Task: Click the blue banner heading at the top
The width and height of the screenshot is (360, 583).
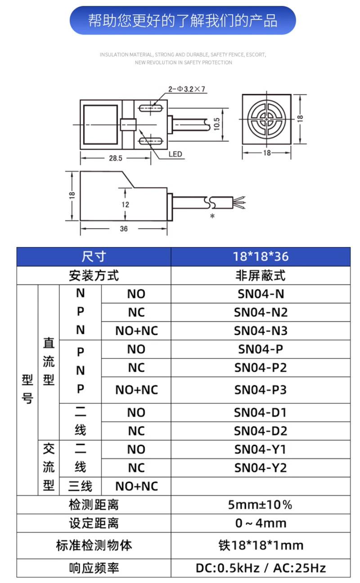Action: (182, 20)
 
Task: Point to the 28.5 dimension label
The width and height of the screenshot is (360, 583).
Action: (115, 158)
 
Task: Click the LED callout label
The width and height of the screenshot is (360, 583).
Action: (175, 154)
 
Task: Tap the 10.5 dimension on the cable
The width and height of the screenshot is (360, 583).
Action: (217, 122)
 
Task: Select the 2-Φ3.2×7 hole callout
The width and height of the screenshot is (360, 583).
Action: (187, 89)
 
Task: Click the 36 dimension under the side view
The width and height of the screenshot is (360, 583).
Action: (124, 229)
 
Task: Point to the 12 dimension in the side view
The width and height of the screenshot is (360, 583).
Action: (125, 205)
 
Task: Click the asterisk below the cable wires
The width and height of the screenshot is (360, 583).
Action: (212, 217)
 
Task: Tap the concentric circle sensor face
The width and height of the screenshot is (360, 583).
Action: (267, 120)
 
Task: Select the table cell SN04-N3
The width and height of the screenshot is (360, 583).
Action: (261, 331)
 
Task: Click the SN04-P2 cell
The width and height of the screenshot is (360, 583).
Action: (261, 368)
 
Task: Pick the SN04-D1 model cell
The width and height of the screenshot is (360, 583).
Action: (261, 412)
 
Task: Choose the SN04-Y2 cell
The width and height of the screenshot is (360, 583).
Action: (261, 468)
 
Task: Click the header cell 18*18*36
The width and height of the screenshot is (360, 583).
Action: (261, 256)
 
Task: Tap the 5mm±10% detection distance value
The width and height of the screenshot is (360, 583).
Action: (261, 505)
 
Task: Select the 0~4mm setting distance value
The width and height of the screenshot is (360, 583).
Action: (261, 523)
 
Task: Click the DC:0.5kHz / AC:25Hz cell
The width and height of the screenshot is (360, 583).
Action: (261, 568)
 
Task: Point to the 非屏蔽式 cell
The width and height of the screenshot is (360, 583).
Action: (261, 275)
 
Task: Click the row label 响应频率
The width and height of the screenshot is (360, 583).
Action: (94, 568)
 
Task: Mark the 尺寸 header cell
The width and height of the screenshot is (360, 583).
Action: (94, 256)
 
